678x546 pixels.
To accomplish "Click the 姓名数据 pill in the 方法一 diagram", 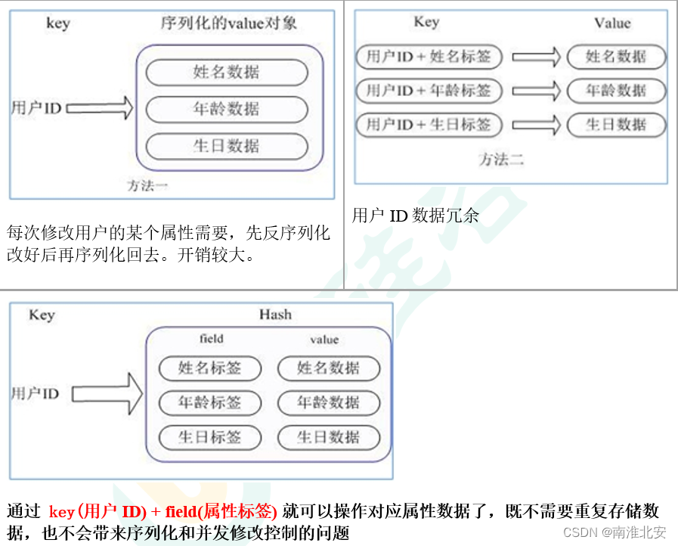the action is coord(226,73).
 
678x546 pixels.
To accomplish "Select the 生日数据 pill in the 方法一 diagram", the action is coord(226,146).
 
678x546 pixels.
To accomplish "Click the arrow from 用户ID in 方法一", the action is coord(99,109).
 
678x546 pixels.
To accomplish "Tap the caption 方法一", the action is coord(147,185).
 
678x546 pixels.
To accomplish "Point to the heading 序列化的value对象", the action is coord(228,23).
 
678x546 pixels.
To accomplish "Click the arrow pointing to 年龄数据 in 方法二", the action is coord(535,91).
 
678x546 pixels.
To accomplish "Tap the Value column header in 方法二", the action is coord(611,23).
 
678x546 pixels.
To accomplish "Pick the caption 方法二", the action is coord(500,160).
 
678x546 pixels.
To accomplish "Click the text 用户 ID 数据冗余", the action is coord(416,216).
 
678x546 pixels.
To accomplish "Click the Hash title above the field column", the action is coord(274,315).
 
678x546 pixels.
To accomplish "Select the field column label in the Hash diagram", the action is coord(211,339).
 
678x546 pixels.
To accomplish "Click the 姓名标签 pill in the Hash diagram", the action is coord(209,368).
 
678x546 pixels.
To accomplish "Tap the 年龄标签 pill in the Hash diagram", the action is coord(209,402).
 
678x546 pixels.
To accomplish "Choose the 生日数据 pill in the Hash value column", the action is coord(328,437).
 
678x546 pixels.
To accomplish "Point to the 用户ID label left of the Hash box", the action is coord(35,393).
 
